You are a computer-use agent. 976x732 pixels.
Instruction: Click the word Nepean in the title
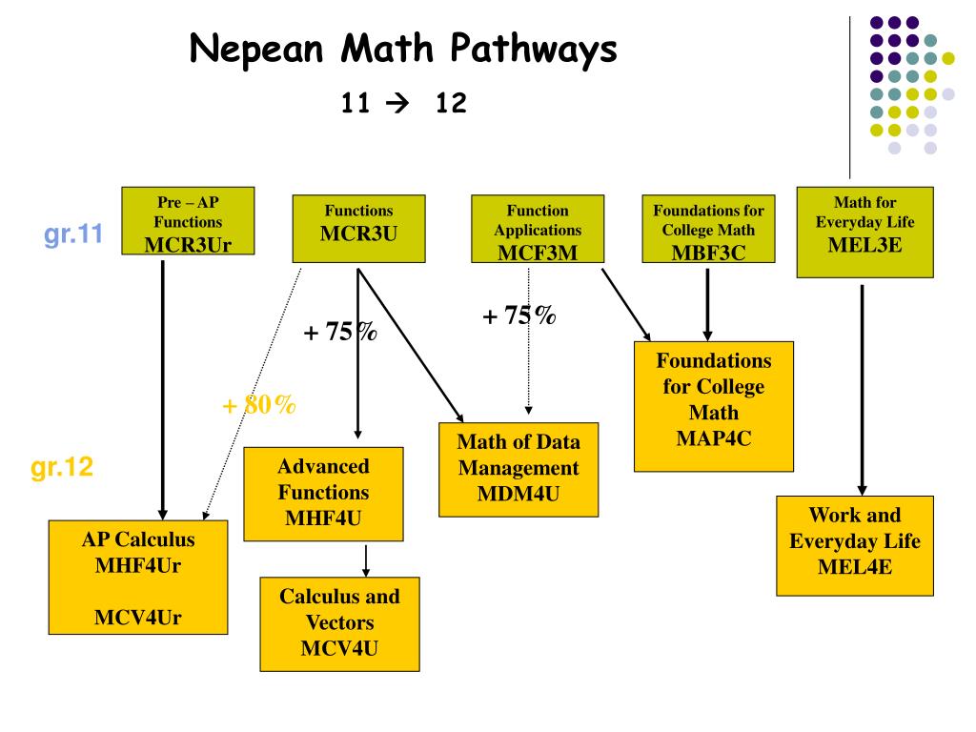(248, 50)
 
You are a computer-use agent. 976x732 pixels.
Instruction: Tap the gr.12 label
(62, 468)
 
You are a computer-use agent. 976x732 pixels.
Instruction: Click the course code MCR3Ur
(188, 245)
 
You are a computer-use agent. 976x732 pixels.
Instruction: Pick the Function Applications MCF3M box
(538, 229)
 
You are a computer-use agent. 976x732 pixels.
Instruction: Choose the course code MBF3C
(707, 252)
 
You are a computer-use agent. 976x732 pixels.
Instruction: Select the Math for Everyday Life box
(864, 232)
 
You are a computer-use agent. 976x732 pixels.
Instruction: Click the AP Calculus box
(138, 578)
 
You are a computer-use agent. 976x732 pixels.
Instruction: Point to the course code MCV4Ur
(138, 618)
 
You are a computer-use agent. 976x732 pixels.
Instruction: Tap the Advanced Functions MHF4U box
(323, 493)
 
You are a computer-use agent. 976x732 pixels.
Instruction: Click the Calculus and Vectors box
(339, 622)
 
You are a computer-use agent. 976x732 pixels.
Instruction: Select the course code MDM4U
(518, 494)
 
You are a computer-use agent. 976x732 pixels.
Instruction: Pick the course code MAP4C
(714, 439)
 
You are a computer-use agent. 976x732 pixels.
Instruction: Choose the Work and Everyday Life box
(854, 541)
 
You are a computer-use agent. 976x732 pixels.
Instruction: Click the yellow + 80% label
(258, 405)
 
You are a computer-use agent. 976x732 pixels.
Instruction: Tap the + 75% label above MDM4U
(519, 315)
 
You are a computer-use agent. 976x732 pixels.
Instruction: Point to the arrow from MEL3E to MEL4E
(862, 386)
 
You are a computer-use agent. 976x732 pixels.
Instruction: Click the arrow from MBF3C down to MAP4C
(707, 303)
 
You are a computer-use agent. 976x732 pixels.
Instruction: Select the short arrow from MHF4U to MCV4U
(366, 559)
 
